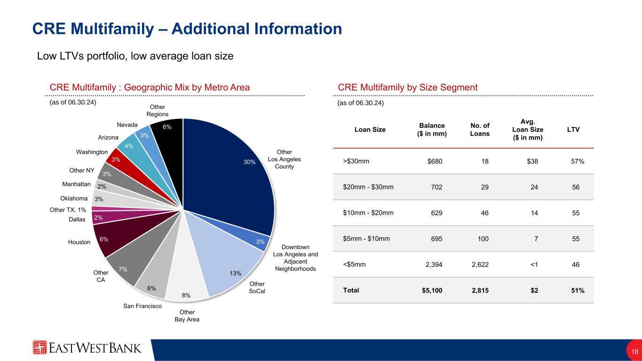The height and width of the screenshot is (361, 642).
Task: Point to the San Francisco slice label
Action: coord(143,306)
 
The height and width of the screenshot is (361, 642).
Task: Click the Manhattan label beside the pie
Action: coord(77,184)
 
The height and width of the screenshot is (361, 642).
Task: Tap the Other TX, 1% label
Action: coord(68,210)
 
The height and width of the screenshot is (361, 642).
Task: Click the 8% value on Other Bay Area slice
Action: coord(186,295)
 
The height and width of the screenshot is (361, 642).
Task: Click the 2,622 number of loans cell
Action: coord(479,264)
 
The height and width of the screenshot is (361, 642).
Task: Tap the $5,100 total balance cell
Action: coord(432,290)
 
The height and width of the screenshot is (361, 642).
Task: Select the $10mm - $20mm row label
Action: coord(369,212)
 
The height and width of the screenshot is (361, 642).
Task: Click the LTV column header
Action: coord(573,129)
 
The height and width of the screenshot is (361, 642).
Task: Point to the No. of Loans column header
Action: coord(480,129)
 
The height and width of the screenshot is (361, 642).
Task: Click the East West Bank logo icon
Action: coord(40,347)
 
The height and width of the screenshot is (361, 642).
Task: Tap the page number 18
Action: coord(634,351)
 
